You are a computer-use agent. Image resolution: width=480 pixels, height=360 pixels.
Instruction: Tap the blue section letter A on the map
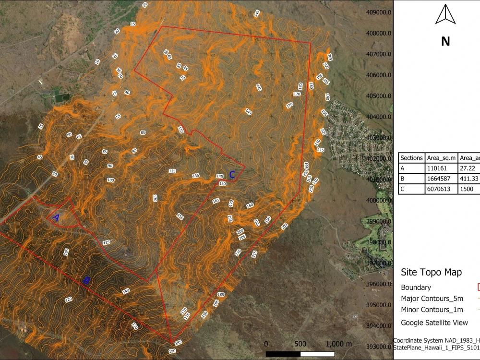coord(56,218)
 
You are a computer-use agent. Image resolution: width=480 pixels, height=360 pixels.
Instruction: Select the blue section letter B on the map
coord(87,280)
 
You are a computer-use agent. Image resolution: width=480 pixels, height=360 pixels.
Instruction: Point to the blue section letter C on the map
coord(232,175)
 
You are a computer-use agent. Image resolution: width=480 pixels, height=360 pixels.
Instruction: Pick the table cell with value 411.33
coord(469,179)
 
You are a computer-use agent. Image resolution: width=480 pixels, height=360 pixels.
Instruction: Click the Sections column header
coord(412,158)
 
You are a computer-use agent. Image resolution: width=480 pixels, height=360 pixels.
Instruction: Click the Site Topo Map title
coord(431,272)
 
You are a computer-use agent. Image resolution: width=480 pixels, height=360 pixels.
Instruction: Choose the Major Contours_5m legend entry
coord(432,299)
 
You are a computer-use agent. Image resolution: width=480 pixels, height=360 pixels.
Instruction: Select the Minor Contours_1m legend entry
coord(432,310)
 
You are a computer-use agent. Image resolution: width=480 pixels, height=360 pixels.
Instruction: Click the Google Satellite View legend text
coord(434,323)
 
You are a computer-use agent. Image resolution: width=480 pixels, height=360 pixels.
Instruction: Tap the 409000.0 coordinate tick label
coord(378,12)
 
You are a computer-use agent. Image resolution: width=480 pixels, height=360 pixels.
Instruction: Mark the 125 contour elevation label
coord(172,171)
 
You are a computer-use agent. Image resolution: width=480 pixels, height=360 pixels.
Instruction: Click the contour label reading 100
coord(110,180)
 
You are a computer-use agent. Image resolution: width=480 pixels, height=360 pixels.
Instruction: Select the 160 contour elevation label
coord(250,205)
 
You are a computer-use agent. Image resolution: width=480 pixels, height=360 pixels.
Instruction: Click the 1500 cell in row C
coord(469,189)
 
